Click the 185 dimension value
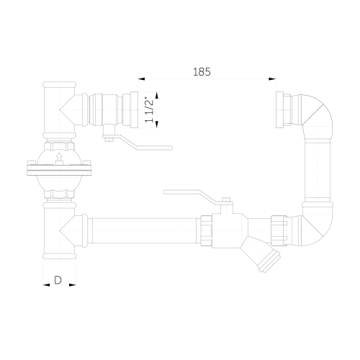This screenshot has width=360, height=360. (x=202, y=71)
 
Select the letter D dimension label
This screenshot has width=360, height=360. (x=58, y=280)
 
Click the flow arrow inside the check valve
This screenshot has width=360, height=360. (x=58, y=154)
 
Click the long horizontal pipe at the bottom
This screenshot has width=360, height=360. (x=144, y=229)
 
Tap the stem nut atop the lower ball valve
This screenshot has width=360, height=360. (x=225, y=202)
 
